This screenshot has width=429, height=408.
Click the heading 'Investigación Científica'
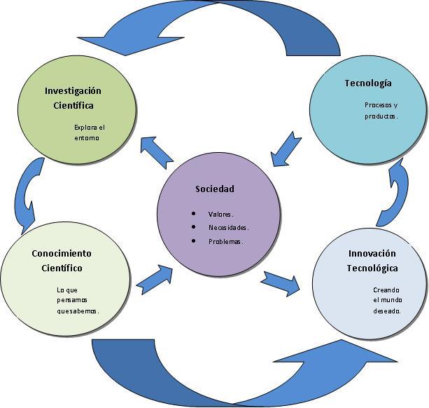pos(73,98)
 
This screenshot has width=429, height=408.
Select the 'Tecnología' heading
pos(367,83)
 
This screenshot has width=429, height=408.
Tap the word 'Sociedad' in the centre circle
pos(215,189)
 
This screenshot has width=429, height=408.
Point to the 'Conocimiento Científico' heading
pos(62,260)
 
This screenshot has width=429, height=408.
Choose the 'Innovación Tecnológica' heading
pos(372,260)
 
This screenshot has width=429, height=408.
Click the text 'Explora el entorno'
pos(89,132)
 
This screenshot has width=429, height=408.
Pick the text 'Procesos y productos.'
pos(381,111)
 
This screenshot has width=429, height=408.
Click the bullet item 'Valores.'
pos(220,214)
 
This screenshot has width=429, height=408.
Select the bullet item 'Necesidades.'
pos(228,227)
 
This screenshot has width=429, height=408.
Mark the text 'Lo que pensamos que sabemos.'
pos(78,300)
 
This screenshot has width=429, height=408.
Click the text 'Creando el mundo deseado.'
pos(386,300)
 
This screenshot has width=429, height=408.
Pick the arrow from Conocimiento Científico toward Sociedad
pos(155,279)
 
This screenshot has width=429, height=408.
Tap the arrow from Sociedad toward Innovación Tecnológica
pos(282,280)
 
